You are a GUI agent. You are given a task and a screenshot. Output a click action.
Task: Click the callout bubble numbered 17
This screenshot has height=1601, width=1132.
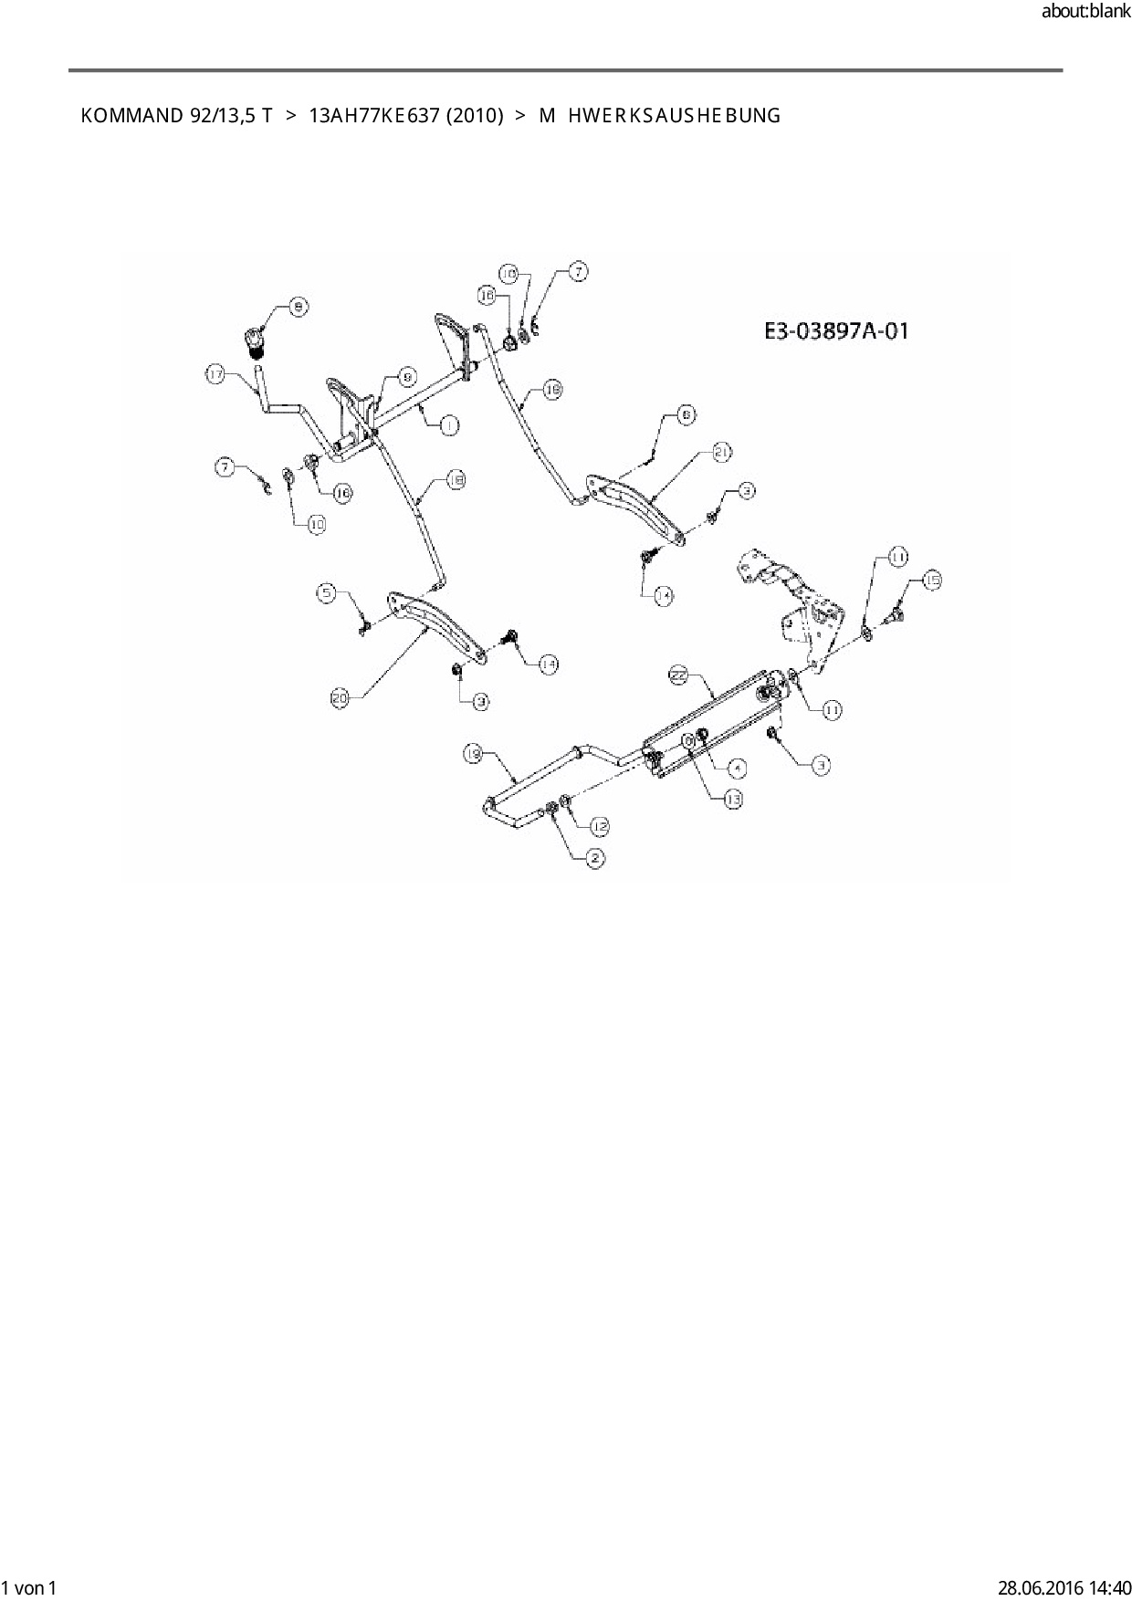[215, 374]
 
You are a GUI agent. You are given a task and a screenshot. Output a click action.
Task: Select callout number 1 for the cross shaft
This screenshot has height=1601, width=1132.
[448, 424]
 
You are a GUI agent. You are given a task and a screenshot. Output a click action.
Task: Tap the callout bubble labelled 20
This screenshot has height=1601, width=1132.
[341, 699]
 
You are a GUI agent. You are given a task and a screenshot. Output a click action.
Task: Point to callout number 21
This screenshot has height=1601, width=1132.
[722, 452]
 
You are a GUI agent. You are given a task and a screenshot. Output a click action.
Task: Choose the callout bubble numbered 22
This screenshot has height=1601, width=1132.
[677, 675]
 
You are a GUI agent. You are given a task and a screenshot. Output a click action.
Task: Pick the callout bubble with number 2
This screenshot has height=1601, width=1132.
[595, 858]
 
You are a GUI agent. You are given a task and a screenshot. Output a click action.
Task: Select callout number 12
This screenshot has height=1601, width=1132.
[599, 826]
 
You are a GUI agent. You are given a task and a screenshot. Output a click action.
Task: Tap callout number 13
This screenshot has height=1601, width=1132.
[732, 799]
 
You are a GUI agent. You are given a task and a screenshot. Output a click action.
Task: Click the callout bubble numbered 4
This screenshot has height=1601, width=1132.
[737, 769]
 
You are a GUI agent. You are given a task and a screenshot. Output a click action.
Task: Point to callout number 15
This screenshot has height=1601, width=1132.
[930, 580]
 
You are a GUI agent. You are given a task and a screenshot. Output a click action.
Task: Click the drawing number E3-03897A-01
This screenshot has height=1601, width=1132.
[836, 330]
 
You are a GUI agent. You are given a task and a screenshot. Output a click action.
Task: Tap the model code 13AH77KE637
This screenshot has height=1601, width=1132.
[374, 116]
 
